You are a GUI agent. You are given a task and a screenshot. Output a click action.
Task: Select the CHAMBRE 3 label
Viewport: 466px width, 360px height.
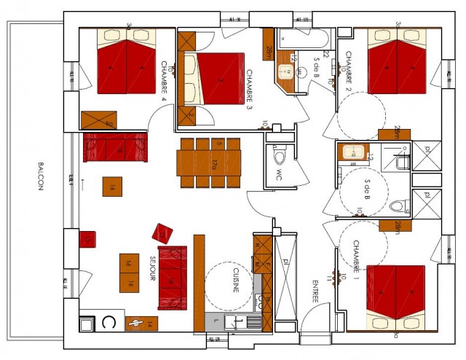coord(249,87)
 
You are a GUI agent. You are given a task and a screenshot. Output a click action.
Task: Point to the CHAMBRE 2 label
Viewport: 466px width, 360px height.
coord(349,70)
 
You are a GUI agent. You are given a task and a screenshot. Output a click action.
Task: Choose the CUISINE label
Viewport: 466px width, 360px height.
coord(237,280)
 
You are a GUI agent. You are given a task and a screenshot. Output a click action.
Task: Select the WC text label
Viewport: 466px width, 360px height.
coord(278,175)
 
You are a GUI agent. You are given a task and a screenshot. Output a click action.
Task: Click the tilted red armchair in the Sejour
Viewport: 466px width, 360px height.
coord(162,232)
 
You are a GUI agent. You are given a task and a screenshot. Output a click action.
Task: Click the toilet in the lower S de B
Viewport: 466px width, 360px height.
coord(398,205)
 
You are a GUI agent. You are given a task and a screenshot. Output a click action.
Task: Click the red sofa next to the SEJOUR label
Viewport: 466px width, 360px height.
coord(173,268)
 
